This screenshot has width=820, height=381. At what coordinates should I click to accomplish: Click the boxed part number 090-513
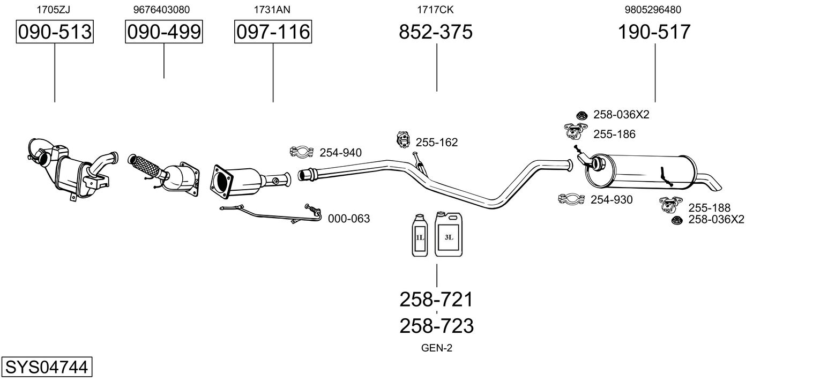pos(55,32)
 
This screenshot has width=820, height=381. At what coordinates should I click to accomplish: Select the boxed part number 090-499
pos(164,32)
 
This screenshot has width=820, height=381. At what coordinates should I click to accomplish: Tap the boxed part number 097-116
pos(273,32)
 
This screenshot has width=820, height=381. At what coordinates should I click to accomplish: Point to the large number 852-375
pos(436,32)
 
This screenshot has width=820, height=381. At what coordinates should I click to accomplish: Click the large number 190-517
pos(654,32)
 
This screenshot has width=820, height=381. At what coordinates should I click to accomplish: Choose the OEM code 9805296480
pos(653,9)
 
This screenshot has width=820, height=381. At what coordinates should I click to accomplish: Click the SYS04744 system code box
pos(46,368)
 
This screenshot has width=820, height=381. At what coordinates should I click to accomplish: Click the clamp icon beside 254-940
pos(302,153)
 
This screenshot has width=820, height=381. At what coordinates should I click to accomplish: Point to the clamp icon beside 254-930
pos(571,200)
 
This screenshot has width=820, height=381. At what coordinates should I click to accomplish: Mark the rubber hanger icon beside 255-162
pos(402,140)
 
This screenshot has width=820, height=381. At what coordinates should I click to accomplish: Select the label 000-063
pos(348,219)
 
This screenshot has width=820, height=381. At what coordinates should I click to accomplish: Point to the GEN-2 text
pos(437,348)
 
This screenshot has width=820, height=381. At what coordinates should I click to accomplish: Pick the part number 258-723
pos(436,326)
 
